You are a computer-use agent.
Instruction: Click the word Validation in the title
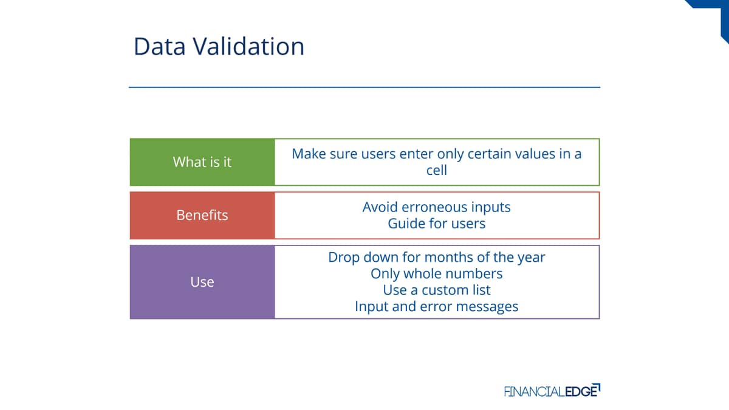(x=248, y=46)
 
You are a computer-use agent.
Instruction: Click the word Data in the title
(x=159, y=46)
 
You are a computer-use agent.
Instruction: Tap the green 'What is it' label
(x=202, y=162)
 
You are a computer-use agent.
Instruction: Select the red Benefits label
(x=202, y=215)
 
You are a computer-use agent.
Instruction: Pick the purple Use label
(x=202, y=282)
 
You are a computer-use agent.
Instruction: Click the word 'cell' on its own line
(x=436, y=170)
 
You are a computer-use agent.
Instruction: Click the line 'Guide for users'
(x=436, y=224)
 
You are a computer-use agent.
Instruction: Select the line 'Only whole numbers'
(x=436, y=274)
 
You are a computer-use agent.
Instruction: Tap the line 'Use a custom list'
(x=436, y=290)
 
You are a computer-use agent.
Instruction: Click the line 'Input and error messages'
(x=436, y=307)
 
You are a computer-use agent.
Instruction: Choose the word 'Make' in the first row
(x=309, y=154)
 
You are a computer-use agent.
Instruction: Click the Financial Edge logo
(x=552, y=391)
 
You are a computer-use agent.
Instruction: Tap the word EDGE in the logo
(x=582, y=391)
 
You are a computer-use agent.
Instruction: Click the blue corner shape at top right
(x=716, y=13)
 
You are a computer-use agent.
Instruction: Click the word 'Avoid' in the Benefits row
(x=380, y=207)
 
